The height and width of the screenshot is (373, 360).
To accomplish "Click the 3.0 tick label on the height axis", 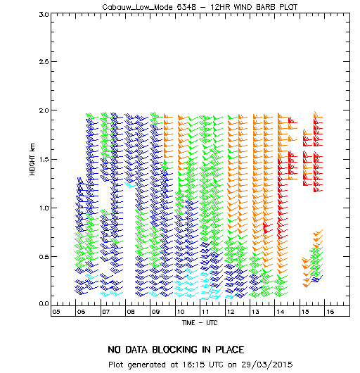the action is click(44, 15).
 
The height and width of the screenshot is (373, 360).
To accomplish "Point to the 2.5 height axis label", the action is click(44, 62).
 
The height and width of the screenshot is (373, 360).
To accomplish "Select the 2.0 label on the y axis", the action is click(44, 110).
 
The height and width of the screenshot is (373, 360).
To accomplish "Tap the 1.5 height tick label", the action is click(44, 159).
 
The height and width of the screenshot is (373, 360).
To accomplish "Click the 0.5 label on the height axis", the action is click(44, 257).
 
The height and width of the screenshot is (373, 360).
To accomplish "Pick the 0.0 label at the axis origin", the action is click(44, 304).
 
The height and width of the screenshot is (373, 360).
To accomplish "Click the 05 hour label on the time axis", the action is click(56, 312).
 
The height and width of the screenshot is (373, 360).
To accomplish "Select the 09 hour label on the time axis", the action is click(155, 312).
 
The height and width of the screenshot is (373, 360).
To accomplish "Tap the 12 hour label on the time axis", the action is click(231, 312).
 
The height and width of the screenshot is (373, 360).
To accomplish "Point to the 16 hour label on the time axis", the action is click(330, 312).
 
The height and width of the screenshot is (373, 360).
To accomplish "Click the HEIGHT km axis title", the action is click(32, 159).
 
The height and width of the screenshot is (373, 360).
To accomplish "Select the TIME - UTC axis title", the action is click(200, 323).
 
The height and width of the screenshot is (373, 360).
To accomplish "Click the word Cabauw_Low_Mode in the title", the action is click(137, 7).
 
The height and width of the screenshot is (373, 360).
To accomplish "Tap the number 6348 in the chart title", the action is click(186, 7).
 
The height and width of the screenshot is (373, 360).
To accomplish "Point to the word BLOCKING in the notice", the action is click(174, 350).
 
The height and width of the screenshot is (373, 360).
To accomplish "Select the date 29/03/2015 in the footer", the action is click(267, 365).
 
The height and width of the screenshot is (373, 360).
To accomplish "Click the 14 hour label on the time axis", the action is click(281, 312).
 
